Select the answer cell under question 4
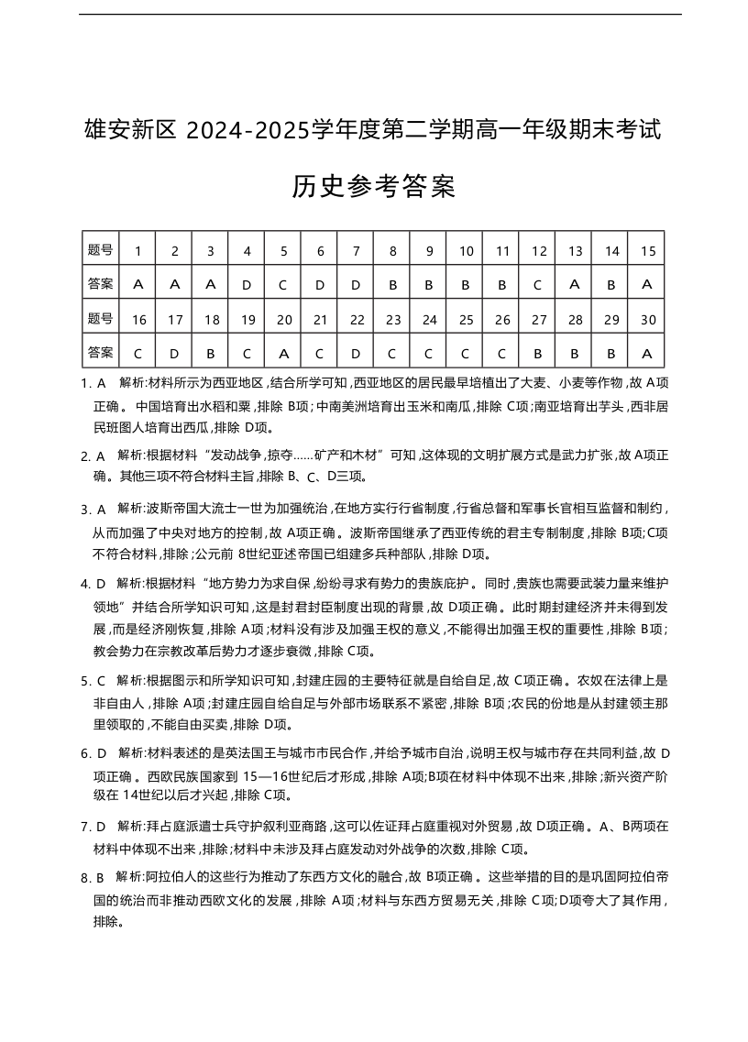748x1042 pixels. click(247, 284)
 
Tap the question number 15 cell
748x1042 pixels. click(647, 250)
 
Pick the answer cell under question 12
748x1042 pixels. click(538, 284)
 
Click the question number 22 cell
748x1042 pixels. click(357, 319)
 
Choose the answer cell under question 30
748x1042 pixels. click(647, 353)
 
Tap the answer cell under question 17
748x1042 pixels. click(174, 353)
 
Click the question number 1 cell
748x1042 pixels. click(137, 250)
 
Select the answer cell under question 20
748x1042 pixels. click(283, 353)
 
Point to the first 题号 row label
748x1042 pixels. click(100, 250)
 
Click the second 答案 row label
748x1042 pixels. click(100, 353)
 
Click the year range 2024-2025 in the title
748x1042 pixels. click(246, 130)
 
